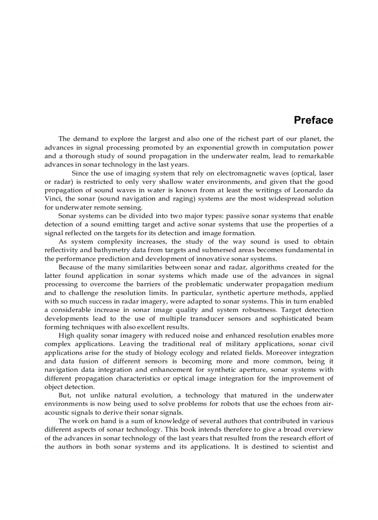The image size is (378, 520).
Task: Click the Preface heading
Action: (x=313, y=120)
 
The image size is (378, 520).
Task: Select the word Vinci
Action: (x=53, y=199)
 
